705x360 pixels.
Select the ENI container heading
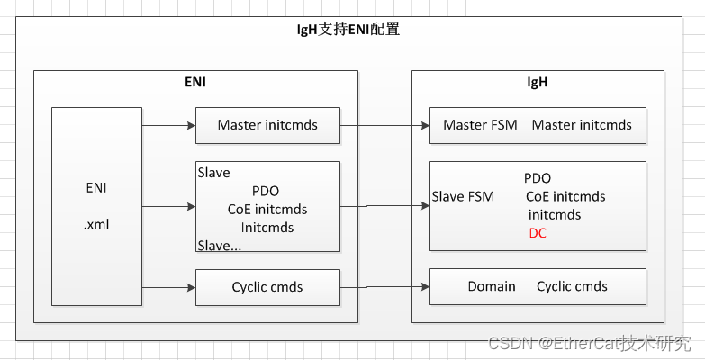[x=195, y=82]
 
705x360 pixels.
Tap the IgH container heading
[x=537, y=82]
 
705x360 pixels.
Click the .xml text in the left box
[x=95, y=224]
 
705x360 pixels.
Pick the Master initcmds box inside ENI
[x=267, y=125]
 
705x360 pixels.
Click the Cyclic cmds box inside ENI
[x=267, y=287]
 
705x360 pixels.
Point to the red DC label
[x=538, y=233]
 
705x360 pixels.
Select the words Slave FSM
[x=463, y=196]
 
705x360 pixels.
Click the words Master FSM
[x=480, y=125]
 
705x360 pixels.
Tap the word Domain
[x=492, y=286]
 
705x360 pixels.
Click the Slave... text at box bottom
[x=220, y=245]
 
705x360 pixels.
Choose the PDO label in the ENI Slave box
[x=266, y=191]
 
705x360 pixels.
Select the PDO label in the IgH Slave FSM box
[x=538, y=178]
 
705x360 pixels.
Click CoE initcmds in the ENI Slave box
[x=267, y=209]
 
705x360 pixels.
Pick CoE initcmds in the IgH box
[x=565, y=196]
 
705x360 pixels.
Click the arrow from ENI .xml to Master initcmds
[x=168, y=125]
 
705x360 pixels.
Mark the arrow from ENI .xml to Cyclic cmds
[x=168, y=287]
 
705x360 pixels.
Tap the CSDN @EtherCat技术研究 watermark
[x=589, y=343]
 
